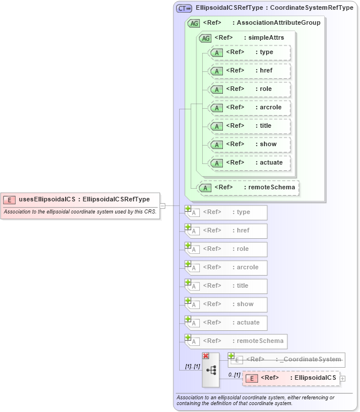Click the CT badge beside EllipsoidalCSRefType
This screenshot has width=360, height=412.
tap(184, 9)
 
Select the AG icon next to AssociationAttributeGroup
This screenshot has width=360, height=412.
tap(194, 23)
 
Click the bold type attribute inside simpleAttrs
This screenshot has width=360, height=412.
tap(250, 52)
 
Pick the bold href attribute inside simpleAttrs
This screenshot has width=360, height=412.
tap(250, 71)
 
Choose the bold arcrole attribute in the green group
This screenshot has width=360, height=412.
tap(250, 108)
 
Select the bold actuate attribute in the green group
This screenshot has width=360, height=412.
tap(250, 163)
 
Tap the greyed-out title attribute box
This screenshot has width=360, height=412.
tap(226, 286)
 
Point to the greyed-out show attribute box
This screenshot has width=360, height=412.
tap(226, 304)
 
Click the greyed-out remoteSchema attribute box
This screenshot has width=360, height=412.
tap(236, 341)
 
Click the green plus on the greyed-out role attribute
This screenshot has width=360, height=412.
tap(188, 246)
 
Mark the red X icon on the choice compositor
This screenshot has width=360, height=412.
tap(206, 356)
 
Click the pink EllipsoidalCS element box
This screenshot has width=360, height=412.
tap(291, 377)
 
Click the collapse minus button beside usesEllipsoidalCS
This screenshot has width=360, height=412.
tap(162, 205)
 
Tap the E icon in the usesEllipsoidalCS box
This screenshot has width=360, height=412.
tap(9, 200)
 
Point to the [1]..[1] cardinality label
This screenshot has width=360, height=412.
tap(192, 366)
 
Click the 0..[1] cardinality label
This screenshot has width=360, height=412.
tap(234, 375)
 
